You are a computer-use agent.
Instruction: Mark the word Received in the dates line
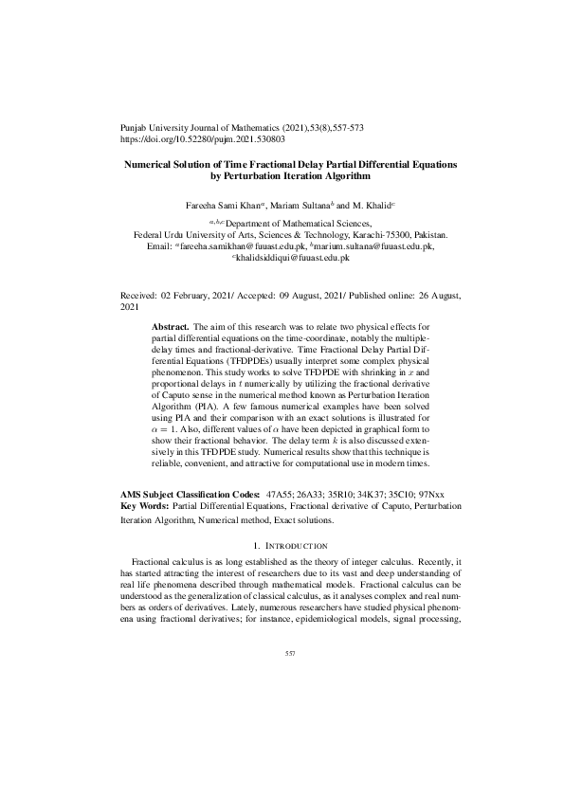[139, 297]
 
